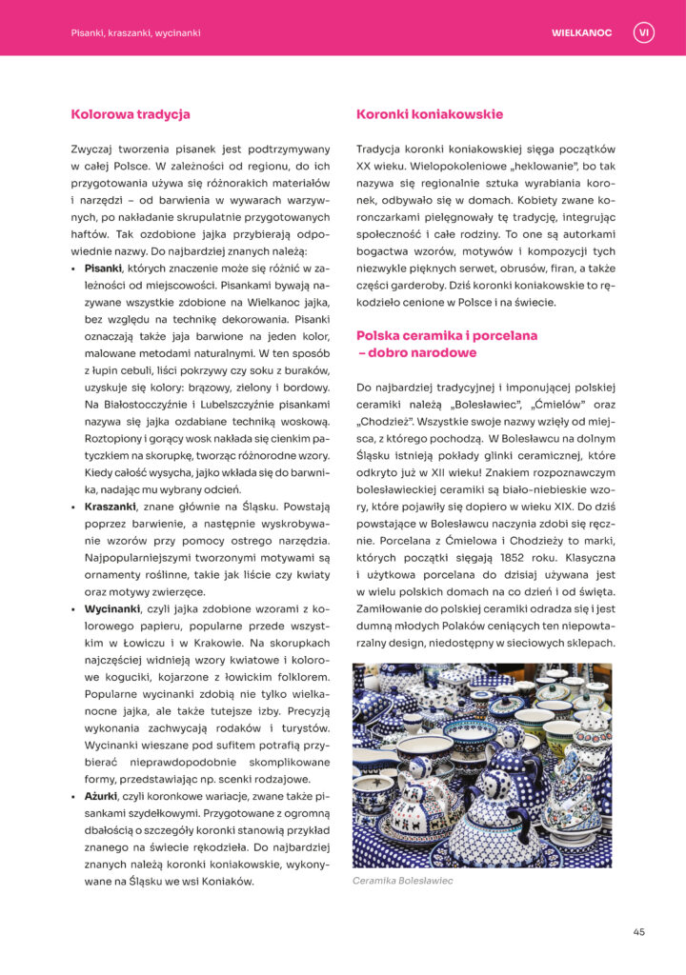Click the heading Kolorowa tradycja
[131, 114]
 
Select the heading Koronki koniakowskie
[430, 114]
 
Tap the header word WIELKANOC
[581, 32]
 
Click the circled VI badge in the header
[643, 32]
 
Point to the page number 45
[638, 931]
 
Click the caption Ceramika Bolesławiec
[402, 881]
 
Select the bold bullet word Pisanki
[103, 269]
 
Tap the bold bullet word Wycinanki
[111, 607]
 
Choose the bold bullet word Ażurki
[102, 795]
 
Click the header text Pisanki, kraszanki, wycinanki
[135, 32]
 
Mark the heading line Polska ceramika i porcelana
[447, 335]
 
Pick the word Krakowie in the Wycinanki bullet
[196, 642]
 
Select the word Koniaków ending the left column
[226, 881]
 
